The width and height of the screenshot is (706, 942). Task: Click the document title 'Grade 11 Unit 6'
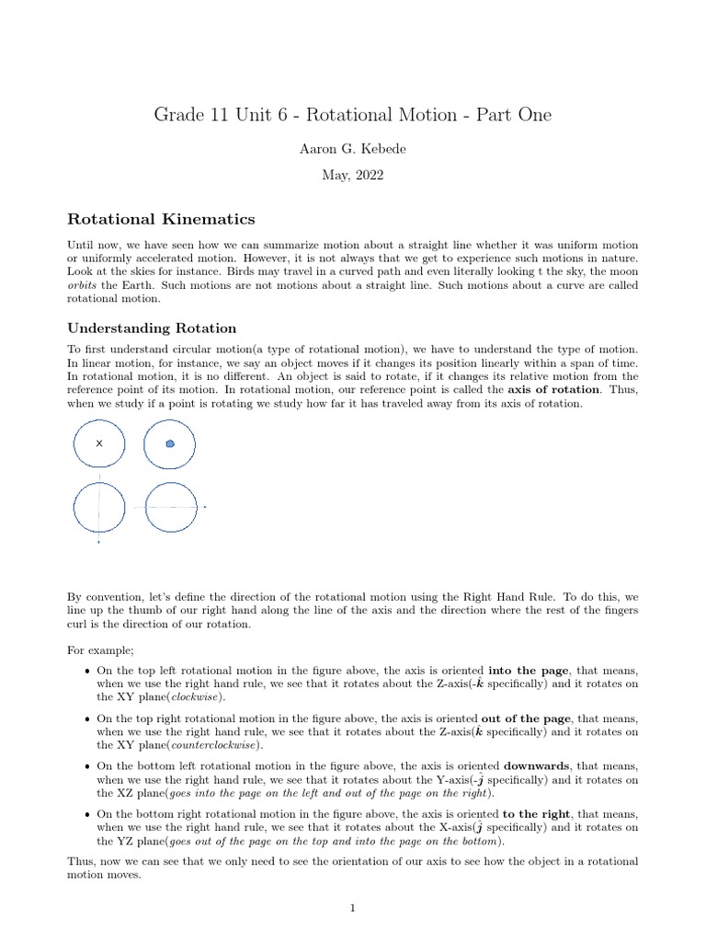[352, 115]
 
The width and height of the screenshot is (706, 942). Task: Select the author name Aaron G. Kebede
[352, 147]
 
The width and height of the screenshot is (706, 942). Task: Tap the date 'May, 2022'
[352, 174]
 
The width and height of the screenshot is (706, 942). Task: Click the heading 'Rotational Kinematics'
[161, 219]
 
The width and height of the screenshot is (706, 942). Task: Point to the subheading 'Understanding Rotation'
[152, 328]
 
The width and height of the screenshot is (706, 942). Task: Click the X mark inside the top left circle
[99, 443]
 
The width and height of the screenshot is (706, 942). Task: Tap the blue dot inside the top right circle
[170, 443]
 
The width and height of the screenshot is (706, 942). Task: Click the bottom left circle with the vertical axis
[99, 507]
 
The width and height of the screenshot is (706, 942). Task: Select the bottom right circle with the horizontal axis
[171, 507]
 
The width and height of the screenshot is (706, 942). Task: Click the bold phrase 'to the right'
[537, 814]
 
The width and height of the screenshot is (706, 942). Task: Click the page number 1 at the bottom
[352, 909]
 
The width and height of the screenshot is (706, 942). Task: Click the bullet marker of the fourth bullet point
[86, 815]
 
